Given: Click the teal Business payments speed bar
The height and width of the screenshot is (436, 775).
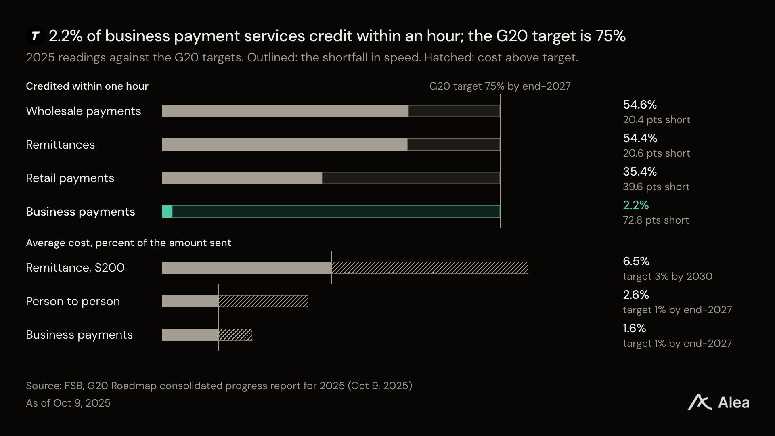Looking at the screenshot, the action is pos(167,212).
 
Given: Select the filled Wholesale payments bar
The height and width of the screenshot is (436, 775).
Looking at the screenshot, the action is pos(285,111).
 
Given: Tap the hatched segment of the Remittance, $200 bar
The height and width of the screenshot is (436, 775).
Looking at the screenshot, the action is pos(430,268).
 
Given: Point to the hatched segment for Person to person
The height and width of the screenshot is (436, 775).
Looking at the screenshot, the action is pos(264,301).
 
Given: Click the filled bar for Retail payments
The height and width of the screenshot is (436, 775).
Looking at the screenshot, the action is pos(242,178).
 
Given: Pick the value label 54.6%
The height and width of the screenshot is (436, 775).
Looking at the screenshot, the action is pos(640,105).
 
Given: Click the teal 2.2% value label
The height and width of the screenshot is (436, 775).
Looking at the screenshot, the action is pos(636,205).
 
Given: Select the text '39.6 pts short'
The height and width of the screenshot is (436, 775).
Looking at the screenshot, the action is pos(656,187).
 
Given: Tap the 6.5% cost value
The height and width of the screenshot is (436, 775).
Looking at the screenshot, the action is pos(636,261).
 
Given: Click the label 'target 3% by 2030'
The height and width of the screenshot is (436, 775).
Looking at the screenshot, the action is pos(668,276).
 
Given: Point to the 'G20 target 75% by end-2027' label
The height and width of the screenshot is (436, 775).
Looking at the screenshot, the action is pos(500,86).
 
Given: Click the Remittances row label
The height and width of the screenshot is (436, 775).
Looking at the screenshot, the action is pos(60,145).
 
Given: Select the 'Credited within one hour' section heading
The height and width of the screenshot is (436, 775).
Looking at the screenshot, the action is pos(87,86).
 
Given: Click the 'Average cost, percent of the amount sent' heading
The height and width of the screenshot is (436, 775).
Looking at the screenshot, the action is pos(128,243).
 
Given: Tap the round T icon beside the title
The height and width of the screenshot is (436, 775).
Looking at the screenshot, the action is pos(36,36).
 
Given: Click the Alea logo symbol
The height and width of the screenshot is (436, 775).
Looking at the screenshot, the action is pos(700,402).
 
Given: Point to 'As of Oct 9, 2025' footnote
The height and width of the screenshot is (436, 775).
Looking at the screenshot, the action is pos(68,403).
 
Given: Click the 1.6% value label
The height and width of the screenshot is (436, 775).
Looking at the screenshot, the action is pos(635,328).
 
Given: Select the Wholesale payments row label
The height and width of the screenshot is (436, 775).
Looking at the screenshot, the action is pos(84,111).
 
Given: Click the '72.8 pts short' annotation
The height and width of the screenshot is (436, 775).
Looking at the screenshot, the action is pos(656,220).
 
